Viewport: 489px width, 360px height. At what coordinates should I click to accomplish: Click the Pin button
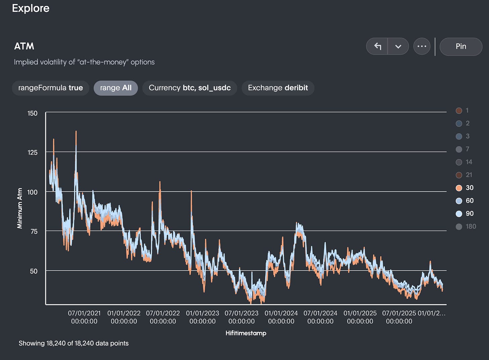click(x=460, y=46)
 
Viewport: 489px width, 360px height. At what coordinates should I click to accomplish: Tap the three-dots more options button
click(x=421, y=46)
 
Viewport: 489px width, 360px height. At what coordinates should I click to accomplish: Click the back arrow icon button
click(x=377, y=46)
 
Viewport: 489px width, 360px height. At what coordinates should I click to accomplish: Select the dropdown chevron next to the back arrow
click(x=398, y=46)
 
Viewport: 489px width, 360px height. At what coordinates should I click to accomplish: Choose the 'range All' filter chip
click(x=116, y=88)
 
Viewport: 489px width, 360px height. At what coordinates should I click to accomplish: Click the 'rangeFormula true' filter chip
click(x=50, y=88)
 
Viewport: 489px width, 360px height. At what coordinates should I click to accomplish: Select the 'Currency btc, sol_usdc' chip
click(x=189, y=88)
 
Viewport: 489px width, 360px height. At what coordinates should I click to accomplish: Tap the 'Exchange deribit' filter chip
click(x=278, y=88)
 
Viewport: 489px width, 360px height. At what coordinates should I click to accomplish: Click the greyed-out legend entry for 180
click(x=466, y=227)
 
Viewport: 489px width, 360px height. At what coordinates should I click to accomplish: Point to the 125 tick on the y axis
click(x=33, y=152)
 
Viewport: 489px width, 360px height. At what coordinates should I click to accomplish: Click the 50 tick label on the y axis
click(x=34, y=271)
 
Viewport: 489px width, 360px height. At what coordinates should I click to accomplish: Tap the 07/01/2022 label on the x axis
click(x=163, y=317)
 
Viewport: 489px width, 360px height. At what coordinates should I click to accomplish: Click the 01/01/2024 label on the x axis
click(x=281, y=317)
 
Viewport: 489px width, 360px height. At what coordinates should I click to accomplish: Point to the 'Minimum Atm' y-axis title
click(x=20, y=208)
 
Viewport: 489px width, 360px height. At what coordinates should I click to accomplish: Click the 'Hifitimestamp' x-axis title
click(x=246, y=333)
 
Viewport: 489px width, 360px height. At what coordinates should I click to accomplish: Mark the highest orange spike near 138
click(x=76, y=132)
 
